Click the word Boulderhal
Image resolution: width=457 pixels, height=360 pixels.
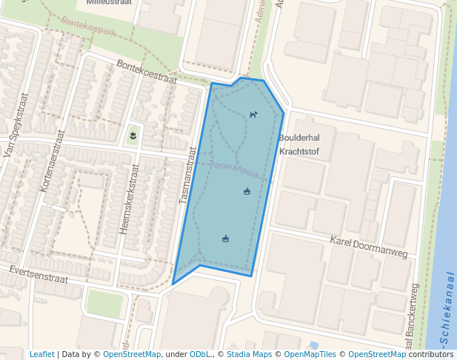tap(299, 138)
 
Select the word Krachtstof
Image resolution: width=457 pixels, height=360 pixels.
tap(298, 151)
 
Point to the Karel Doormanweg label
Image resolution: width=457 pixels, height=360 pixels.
tap(369, 247)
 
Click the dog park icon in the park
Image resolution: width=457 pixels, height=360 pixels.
tap(253, 115)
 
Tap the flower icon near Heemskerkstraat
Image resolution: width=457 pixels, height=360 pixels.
tap(133, 136)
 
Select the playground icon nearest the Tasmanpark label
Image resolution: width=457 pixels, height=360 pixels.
tap(247, 192)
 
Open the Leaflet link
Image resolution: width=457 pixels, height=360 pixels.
tap(41, 354)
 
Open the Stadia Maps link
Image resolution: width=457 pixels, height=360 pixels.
tap(248, 354)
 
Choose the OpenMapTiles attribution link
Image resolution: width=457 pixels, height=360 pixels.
tap(310, 354)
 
